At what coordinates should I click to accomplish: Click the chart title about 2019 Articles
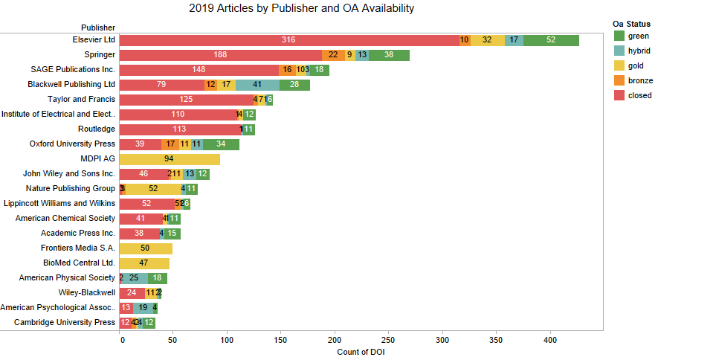(301, 9)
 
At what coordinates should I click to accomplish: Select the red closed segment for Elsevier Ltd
(288, 40)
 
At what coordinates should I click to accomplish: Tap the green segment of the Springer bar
(389, 55)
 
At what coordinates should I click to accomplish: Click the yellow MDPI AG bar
(169, 159)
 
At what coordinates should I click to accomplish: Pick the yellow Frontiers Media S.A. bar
(145, 248)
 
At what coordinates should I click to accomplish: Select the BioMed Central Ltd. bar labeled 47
(143, 263)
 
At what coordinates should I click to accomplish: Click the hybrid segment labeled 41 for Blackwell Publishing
(257, 85)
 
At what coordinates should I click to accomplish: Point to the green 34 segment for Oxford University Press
(221, 144)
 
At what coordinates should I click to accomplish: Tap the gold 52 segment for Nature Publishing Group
(153, 189)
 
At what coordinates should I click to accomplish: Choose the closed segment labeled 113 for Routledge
(179, 129)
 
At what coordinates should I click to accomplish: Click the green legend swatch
(619, 36)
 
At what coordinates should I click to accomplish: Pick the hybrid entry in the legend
(638, 51)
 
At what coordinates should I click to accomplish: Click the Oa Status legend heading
(632, 24)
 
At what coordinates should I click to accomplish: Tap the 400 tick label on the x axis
(549, 339)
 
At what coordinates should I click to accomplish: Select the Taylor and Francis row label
(81, 100)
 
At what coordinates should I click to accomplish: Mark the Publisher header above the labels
(98, 28)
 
